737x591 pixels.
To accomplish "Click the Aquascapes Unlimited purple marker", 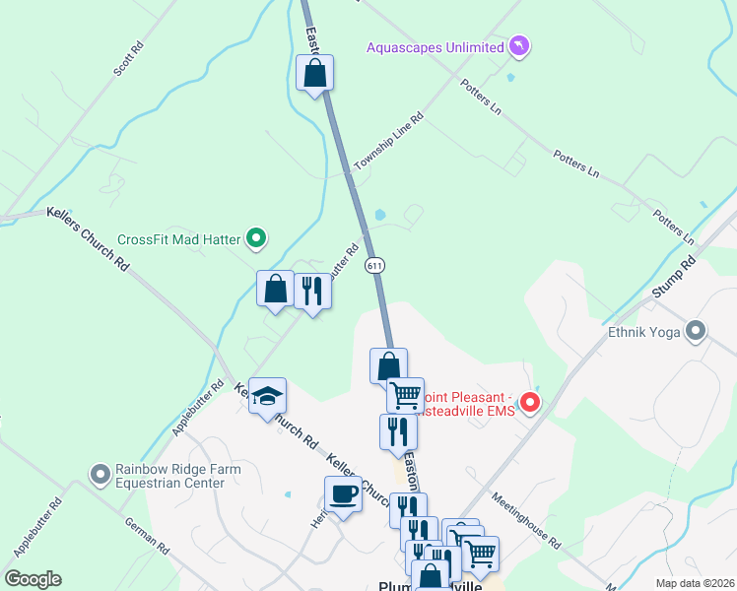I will click(519, 45).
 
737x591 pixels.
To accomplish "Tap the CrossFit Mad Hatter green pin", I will click(257, 237).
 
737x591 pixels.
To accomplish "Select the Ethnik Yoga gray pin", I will click(697, 332).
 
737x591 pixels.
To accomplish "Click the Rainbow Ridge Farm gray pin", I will click(100, 476).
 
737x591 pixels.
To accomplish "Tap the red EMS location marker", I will click(530, 402).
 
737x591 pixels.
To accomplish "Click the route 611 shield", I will click(373, 265).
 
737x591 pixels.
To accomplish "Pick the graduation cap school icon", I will click(267, 396).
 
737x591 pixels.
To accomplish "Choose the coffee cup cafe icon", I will click(343, 493).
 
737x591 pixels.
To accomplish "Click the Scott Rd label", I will click(129, 59).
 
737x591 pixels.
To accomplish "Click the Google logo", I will click(33, 579).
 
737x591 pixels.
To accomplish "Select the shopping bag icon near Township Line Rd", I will click(315, 73).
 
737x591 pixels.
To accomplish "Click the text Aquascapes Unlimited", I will click(435, 45).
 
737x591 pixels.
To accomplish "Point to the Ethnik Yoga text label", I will click(644, 332).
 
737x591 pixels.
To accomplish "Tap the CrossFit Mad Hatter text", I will click(180, 238).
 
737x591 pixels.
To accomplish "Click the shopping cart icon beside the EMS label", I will click(405, 395).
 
